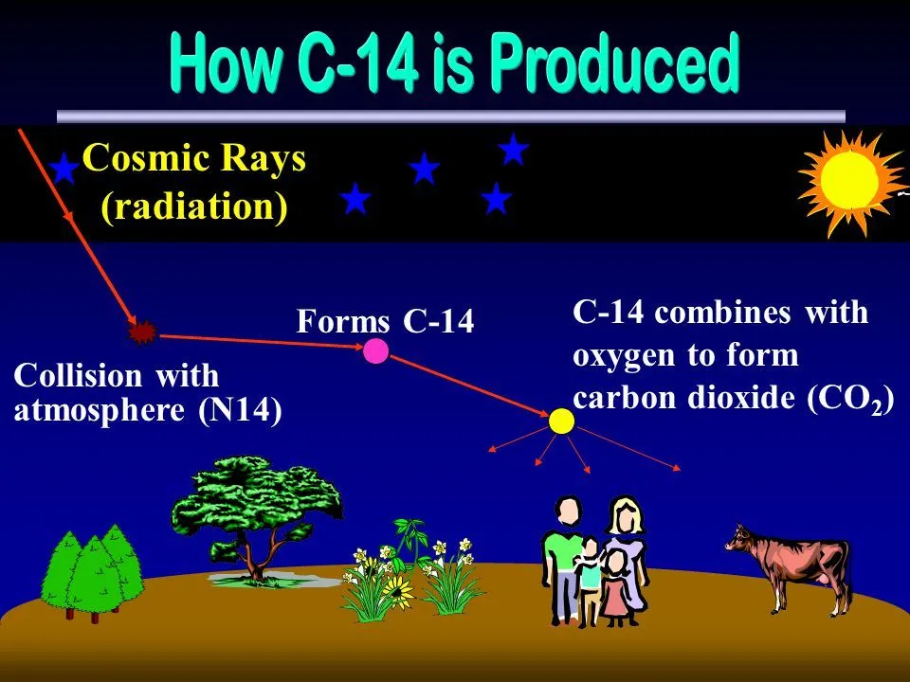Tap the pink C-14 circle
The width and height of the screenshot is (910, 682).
[376, 351]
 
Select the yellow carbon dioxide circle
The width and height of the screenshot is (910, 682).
[562, 421]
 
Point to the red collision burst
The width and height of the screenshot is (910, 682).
[143, 332]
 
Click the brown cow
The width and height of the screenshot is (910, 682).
[792, 565]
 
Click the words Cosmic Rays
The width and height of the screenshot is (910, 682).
[194, 159]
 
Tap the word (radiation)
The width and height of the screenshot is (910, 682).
[194, 206]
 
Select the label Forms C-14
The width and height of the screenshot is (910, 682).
[384, 322]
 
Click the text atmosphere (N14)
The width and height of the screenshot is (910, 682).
[148, 413]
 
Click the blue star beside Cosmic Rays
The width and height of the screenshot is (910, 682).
[64, 170]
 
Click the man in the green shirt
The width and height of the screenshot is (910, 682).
[564, 559]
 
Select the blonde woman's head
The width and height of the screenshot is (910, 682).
[624, 518]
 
